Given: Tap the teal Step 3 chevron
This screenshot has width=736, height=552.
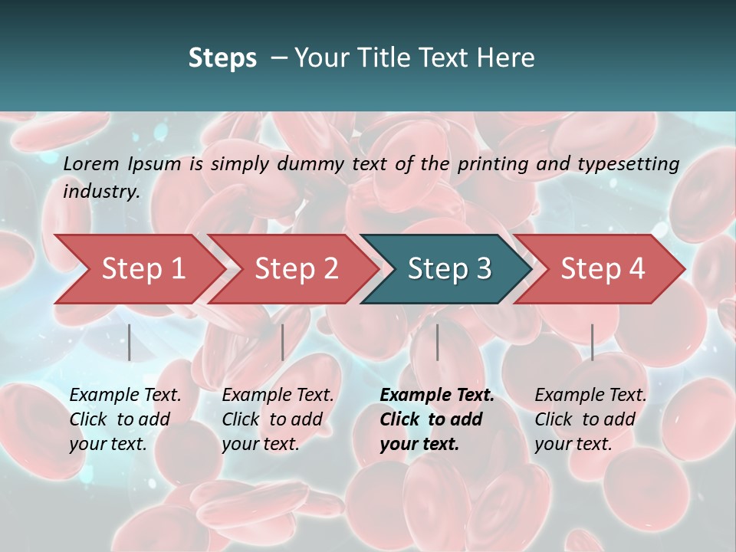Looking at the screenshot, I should (449, 269).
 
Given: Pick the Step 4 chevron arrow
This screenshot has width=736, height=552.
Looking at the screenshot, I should (603, 269).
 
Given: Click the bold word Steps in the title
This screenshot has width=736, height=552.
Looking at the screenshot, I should (222, 58).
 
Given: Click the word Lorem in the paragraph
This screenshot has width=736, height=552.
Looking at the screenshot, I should (91, 163).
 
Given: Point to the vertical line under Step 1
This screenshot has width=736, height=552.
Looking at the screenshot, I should (130, 342).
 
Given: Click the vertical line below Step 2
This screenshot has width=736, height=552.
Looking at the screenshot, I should (283, 342).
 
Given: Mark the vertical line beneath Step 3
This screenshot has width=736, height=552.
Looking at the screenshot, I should (437, 342).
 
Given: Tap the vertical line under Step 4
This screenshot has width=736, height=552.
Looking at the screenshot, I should (592, 342).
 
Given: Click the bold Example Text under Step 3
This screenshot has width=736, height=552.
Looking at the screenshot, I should (437, 396).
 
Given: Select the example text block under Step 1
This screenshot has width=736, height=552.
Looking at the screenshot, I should (125, 419).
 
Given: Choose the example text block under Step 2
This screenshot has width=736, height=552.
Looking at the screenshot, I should (278, 419).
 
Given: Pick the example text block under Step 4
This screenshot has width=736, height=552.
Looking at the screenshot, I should (590, 419).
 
